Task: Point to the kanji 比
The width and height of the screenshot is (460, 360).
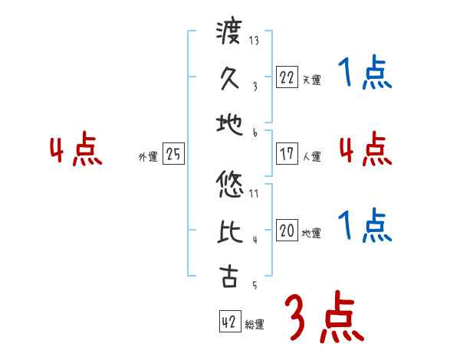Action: (229, 233)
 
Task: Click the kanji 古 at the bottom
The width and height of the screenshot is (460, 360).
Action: (229, 277)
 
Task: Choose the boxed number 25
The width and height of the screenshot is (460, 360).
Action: (173, 154)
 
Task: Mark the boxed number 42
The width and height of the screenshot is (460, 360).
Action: (229, 322)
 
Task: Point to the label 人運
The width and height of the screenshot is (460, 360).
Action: (311, 156)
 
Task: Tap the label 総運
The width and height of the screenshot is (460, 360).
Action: (255, 325)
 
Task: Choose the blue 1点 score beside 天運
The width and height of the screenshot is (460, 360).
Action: (364, 74)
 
